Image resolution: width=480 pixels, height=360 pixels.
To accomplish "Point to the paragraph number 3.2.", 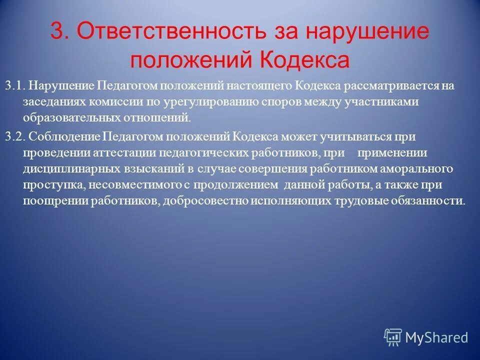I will (x=15, y=136).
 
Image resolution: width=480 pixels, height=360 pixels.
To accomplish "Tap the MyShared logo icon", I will (x=393, y=337).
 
